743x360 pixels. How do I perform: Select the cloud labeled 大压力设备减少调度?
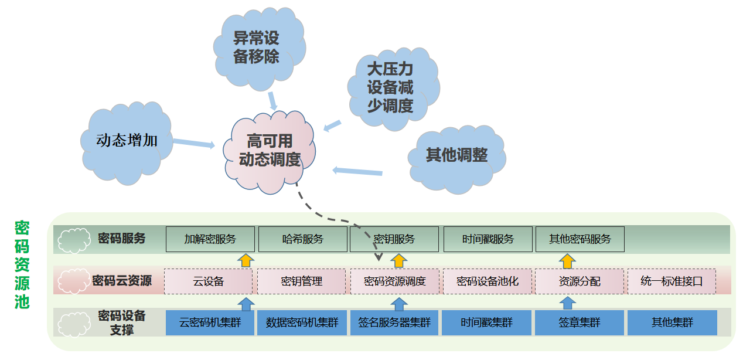(x=390, y=88)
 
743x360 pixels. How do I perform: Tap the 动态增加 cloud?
(x=127, y=141)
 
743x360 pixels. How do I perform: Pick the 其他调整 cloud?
(x=456, y=155)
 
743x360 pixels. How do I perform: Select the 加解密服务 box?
(x=210, y=239)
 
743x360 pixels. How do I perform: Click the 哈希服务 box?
(x=302, y=239)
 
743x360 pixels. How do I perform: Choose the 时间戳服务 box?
(x=488, y=239)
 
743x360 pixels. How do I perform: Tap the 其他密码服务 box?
(x=580, y=239)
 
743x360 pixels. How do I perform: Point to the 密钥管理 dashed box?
(x=301, y=281)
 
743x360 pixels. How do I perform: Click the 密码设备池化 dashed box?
(x=487, y=281)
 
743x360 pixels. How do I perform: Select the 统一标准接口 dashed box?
(x=671, y=281)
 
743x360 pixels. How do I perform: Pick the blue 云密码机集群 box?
(x=210, y=323)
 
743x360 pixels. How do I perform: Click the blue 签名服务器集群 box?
(x=394, y=323)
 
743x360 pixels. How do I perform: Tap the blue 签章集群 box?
(x=579, y=323)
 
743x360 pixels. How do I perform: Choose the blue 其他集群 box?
(x=672, y=323)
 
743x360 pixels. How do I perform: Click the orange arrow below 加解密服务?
(x=246, y=260)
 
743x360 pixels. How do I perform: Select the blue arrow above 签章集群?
(x=567, y=303)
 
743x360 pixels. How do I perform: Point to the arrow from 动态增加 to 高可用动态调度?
(x=194, y=142)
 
